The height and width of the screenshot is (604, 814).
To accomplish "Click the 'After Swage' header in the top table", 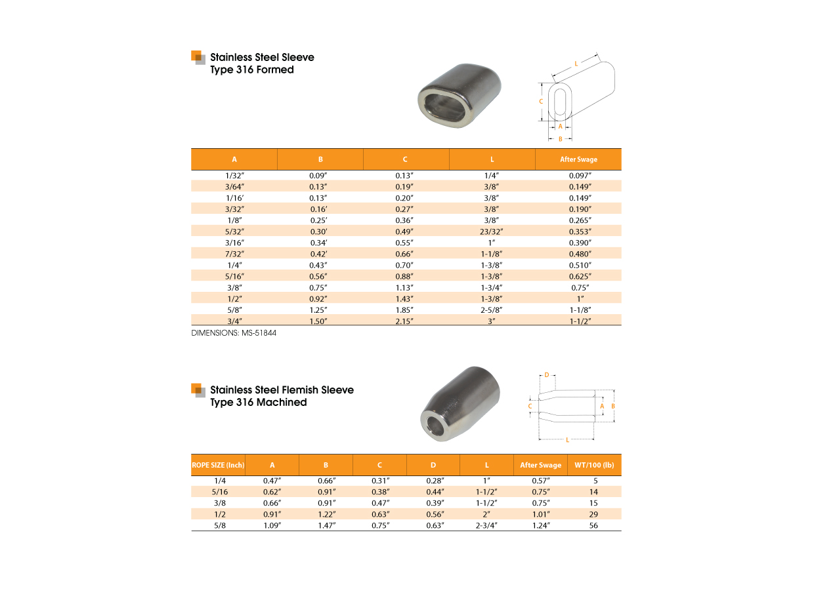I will tap(578, 159).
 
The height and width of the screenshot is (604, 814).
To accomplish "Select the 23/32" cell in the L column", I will tap(492, 232).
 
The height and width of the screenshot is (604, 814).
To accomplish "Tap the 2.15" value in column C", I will tap(404, 321).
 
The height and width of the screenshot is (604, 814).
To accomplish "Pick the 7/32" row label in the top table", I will tap(234, 254).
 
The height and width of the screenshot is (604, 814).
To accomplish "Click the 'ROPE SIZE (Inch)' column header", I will tap(218, 465).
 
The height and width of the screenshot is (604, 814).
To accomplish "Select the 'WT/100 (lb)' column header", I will tap(593, 465).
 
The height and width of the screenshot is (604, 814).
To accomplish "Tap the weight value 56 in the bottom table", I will tap(593, 526).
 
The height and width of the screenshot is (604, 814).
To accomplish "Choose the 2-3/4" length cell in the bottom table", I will tap(486, 526).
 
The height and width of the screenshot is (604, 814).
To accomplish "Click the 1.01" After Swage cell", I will tap(540, 514).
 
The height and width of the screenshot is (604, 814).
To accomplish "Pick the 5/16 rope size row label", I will tap(218, 491).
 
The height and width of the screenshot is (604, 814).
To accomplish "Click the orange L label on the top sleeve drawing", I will tap(576, 64).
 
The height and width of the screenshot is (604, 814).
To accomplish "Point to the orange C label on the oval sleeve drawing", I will tap(540, 102).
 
